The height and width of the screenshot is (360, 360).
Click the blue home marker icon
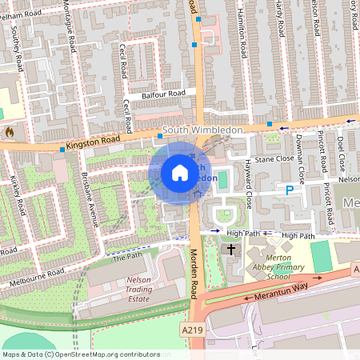180,172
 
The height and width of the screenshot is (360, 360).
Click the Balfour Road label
164,94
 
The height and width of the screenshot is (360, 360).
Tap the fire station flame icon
10,130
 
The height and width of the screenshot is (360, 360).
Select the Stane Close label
274,159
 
